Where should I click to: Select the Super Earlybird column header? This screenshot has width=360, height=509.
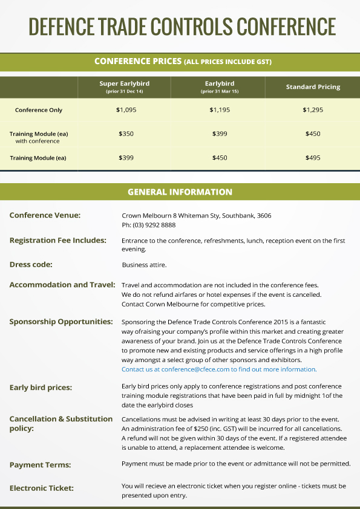(x=124, y=86)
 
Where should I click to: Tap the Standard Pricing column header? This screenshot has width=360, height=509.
(x=313, y=87)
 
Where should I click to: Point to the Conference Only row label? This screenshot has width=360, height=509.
(x=39, y=110)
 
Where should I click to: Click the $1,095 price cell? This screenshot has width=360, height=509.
(x=125, y=110)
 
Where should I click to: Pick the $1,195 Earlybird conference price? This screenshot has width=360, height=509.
(x=220, y=110)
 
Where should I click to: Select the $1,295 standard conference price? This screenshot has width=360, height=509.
(x=313, y=110)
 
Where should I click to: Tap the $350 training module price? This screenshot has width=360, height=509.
(x=125, y=134)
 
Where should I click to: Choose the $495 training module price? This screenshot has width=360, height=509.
(x=313, y=158)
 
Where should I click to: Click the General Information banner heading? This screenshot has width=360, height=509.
(x=180, y=192)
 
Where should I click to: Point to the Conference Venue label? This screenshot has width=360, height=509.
(x=45, y=215)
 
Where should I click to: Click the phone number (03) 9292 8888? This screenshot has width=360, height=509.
(x=148, y=225)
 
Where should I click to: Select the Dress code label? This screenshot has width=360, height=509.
(x=31, y=264)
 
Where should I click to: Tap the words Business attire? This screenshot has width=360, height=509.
(x=144, y=265)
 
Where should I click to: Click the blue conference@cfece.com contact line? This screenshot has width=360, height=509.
(x=219, y=369)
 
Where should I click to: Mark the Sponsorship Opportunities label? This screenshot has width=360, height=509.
(x=61, y=322)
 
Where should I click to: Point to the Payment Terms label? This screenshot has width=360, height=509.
(x=40, y=464)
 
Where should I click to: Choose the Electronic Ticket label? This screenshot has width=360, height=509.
(x=42, y=487)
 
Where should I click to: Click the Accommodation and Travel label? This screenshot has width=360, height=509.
(x=62, y=285)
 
